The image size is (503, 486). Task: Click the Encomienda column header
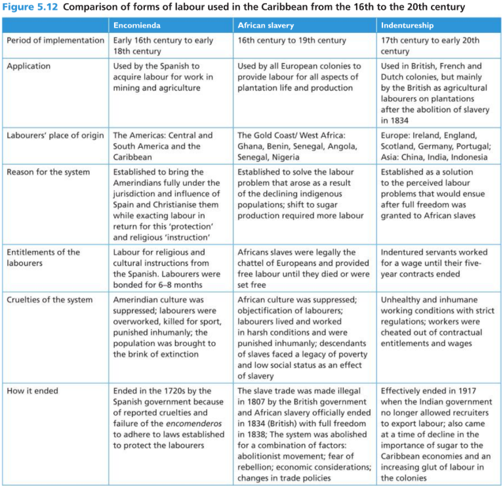(138, 26)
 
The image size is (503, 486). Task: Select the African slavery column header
(265, 26)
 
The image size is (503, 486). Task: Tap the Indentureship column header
(407, 26)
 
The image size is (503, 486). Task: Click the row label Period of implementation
(55, 41)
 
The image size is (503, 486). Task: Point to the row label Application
(28, 66)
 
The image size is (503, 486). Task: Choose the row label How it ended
(32, 391)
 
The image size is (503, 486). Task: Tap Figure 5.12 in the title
(28, 7)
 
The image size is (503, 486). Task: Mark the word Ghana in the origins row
(251, 146)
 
